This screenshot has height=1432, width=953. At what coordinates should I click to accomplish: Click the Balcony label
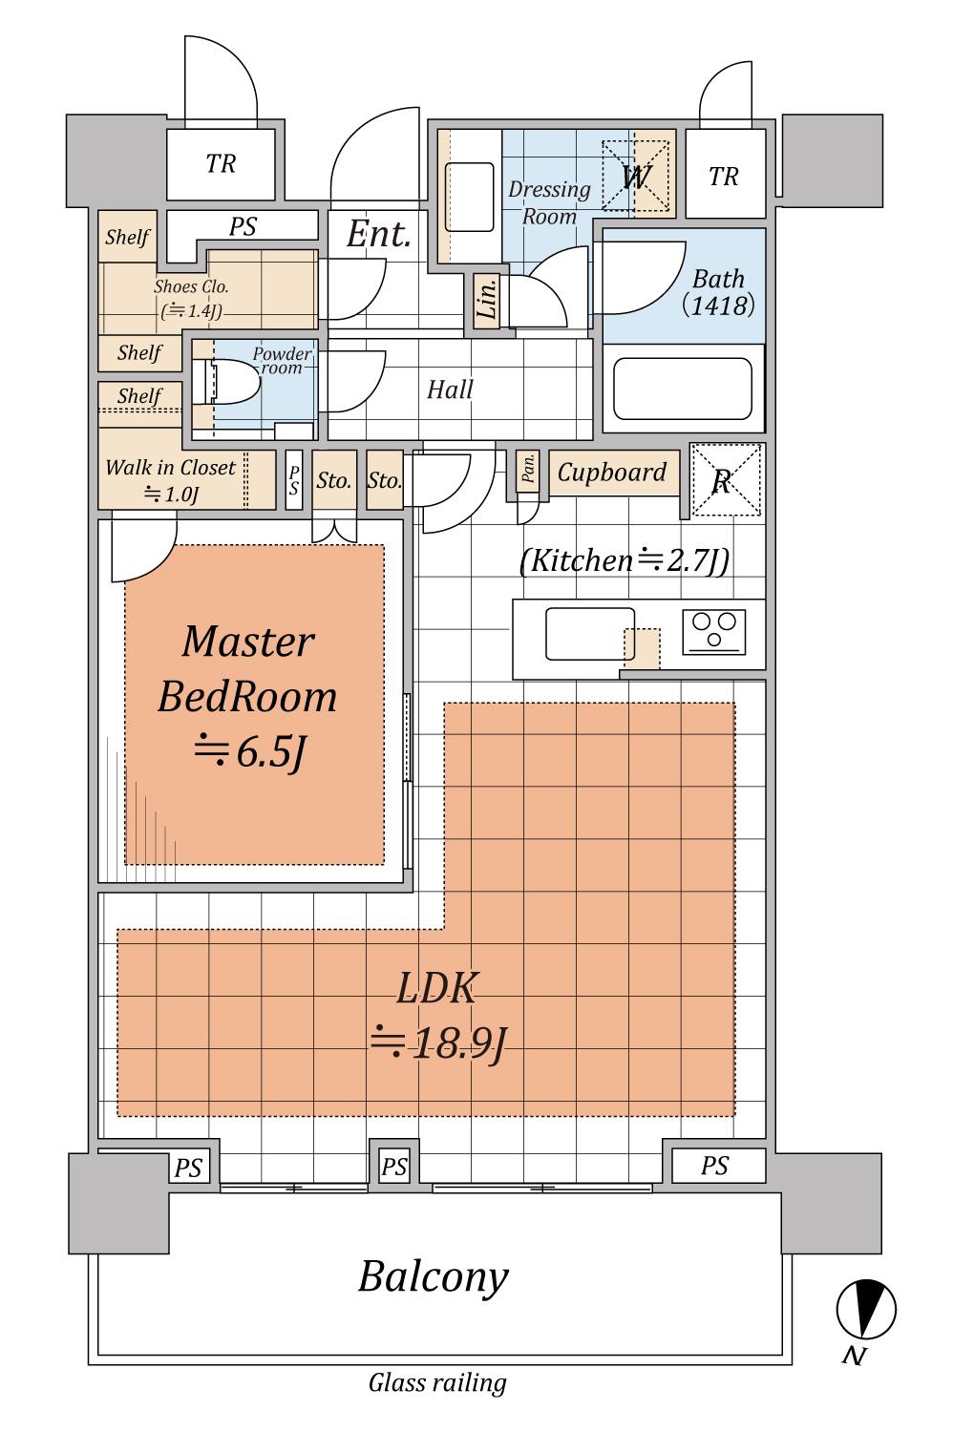[x=433, y=1278]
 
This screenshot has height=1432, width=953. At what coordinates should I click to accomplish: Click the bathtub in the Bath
[x=683, y=388]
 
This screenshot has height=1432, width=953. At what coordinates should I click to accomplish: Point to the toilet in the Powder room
[x=227, y=382]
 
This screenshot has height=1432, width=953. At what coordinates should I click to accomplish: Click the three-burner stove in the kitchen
[x=713, y=632]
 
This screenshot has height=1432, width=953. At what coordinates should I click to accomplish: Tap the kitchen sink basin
[x=590, y=634]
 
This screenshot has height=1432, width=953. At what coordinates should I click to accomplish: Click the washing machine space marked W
[x=636, y=176]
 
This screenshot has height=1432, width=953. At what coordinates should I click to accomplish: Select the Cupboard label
[x=612, y=473]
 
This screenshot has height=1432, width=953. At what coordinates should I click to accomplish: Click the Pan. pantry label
[x=528, y=468]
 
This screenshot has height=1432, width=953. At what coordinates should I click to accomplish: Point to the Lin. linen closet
[x=487, y=299]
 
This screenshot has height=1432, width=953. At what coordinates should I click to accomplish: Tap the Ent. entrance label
[x=379, y=234]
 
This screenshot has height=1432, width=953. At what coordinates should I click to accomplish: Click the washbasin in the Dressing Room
[x=470, y=197]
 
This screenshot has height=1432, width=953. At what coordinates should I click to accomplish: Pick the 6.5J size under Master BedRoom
[x=249, y=752]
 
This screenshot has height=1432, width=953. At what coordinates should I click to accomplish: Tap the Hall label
[x=450, y=390]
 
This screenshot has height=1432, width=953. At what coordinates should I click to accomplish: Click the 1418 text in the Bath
[x=718, y=305]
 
